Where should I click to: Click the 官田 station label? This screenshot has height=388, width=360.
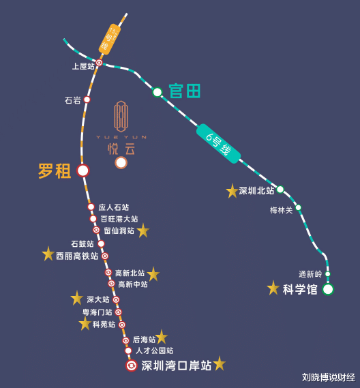tap(184, 91)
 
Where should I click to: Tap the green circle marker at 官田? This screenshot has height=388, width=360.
tap(157, 91)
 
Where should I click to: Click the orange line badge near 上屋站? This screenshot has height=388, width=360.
tap(108, 39)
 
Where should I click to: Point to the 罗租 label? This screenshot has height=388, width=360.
tap(55, 170)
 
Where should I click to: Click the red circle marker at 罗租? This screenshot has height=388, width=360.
tap(83, 170)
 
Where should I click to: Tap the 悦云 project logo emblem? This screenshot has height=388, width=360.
tap(121, 116)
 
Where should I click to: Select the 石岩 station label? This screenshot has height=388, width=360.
tap(72, 100)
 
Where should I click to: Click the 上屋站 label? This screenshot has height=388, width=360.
tap(83, 66)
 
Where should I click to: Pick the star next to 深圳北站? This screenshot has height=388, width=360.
tap(232, 191)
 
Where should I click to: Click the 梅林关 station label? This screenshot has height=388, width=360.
tap(281, 210)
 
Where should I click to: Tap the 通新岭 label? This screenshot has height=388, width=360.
tap(310, 274)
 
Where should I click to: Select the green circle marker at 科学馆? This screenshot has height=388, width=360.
tap(328, 289)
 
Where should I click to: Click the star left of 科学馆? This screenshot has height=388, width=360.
tap(273, 288)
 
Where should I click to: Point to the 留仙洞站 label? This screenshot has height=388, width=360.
tap(119, 230)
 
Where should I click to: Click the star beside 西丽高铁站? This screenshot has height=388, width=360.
tap(48, 254)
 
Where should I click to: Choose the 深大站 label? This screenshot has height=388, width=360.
tap(97, 299)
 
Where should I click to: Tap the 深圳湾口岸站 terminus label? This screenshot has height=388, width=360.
tap(176, 365)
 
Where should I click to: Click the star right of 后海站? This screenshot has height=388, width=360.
tap(161, 337)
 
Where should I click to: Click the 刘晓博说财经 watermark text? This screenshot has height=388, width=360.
tap(329, 376)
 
